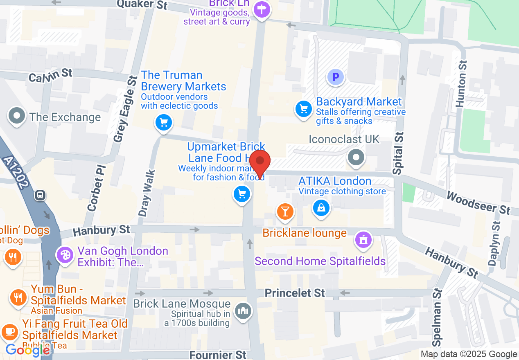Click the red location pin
point(260,161)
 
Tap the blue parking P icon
point(336,76)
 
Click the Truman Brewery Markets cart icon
point(164,122)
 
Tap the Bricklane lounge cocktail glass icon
point(285,211)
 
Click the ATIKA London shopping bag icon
point(322,208)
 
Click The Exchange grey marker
point(17,116)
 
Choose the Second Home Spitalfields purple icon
point(363,239)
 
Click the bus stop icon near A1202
point(41,195)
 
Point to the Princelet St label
point(295,293)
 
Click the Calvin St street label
point(50,75)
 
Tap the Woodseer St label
point(478,202)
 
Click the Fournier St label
point(218,354)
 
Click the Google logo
point(28,350)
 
